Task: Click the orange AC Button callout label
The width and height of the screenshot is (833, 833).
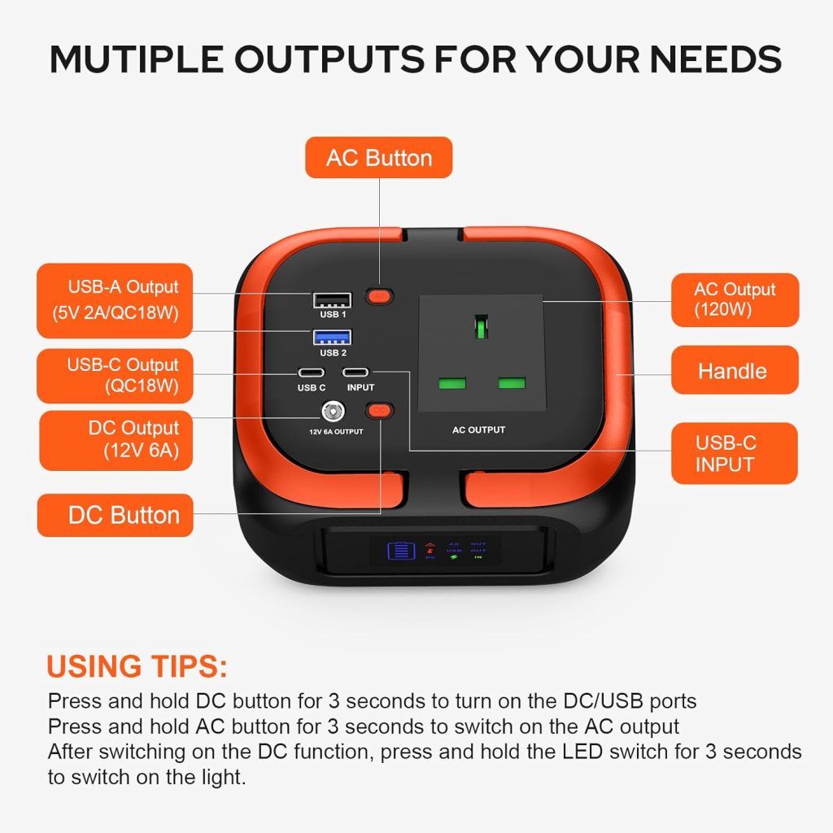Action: point(378,157)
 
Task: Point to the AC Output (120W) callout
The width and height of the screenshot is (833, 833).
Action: point(735,299)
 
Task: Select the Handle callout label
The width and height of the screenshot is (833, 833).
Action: point(735,371)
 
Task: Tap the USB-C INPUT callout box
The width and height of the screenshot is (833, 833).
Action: point(735,453)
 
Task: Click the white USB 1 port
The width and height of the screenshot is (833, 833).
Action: point(332,300)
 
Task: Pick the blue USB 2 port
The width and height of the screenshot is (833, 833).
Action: point(332,337)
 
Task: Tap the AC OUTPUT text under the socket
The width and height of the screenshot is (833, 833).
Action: point(478,430)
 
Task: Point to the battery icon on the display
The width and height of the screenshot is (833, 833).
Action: point(400,551)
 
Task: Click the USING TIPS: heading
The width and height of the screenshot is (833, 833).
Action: point(137,666)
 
